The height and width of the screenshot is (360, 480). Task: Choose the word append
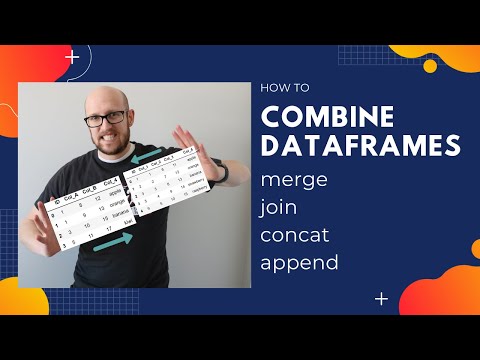pyautogui.click(x=300, y=264)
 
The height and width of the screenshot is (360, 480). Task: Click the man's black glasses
pyautogui.click(x=105, y=117)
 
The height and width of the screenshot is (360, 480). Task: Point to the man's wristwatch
pyautogui.click(x=221, y=172)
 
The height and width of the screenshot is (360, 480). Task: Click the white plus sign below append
pyautogui.click(x=381, y=298)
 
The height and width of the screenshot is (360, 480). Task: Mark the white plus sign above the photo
pyautogui.click(x=71, y=57)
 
